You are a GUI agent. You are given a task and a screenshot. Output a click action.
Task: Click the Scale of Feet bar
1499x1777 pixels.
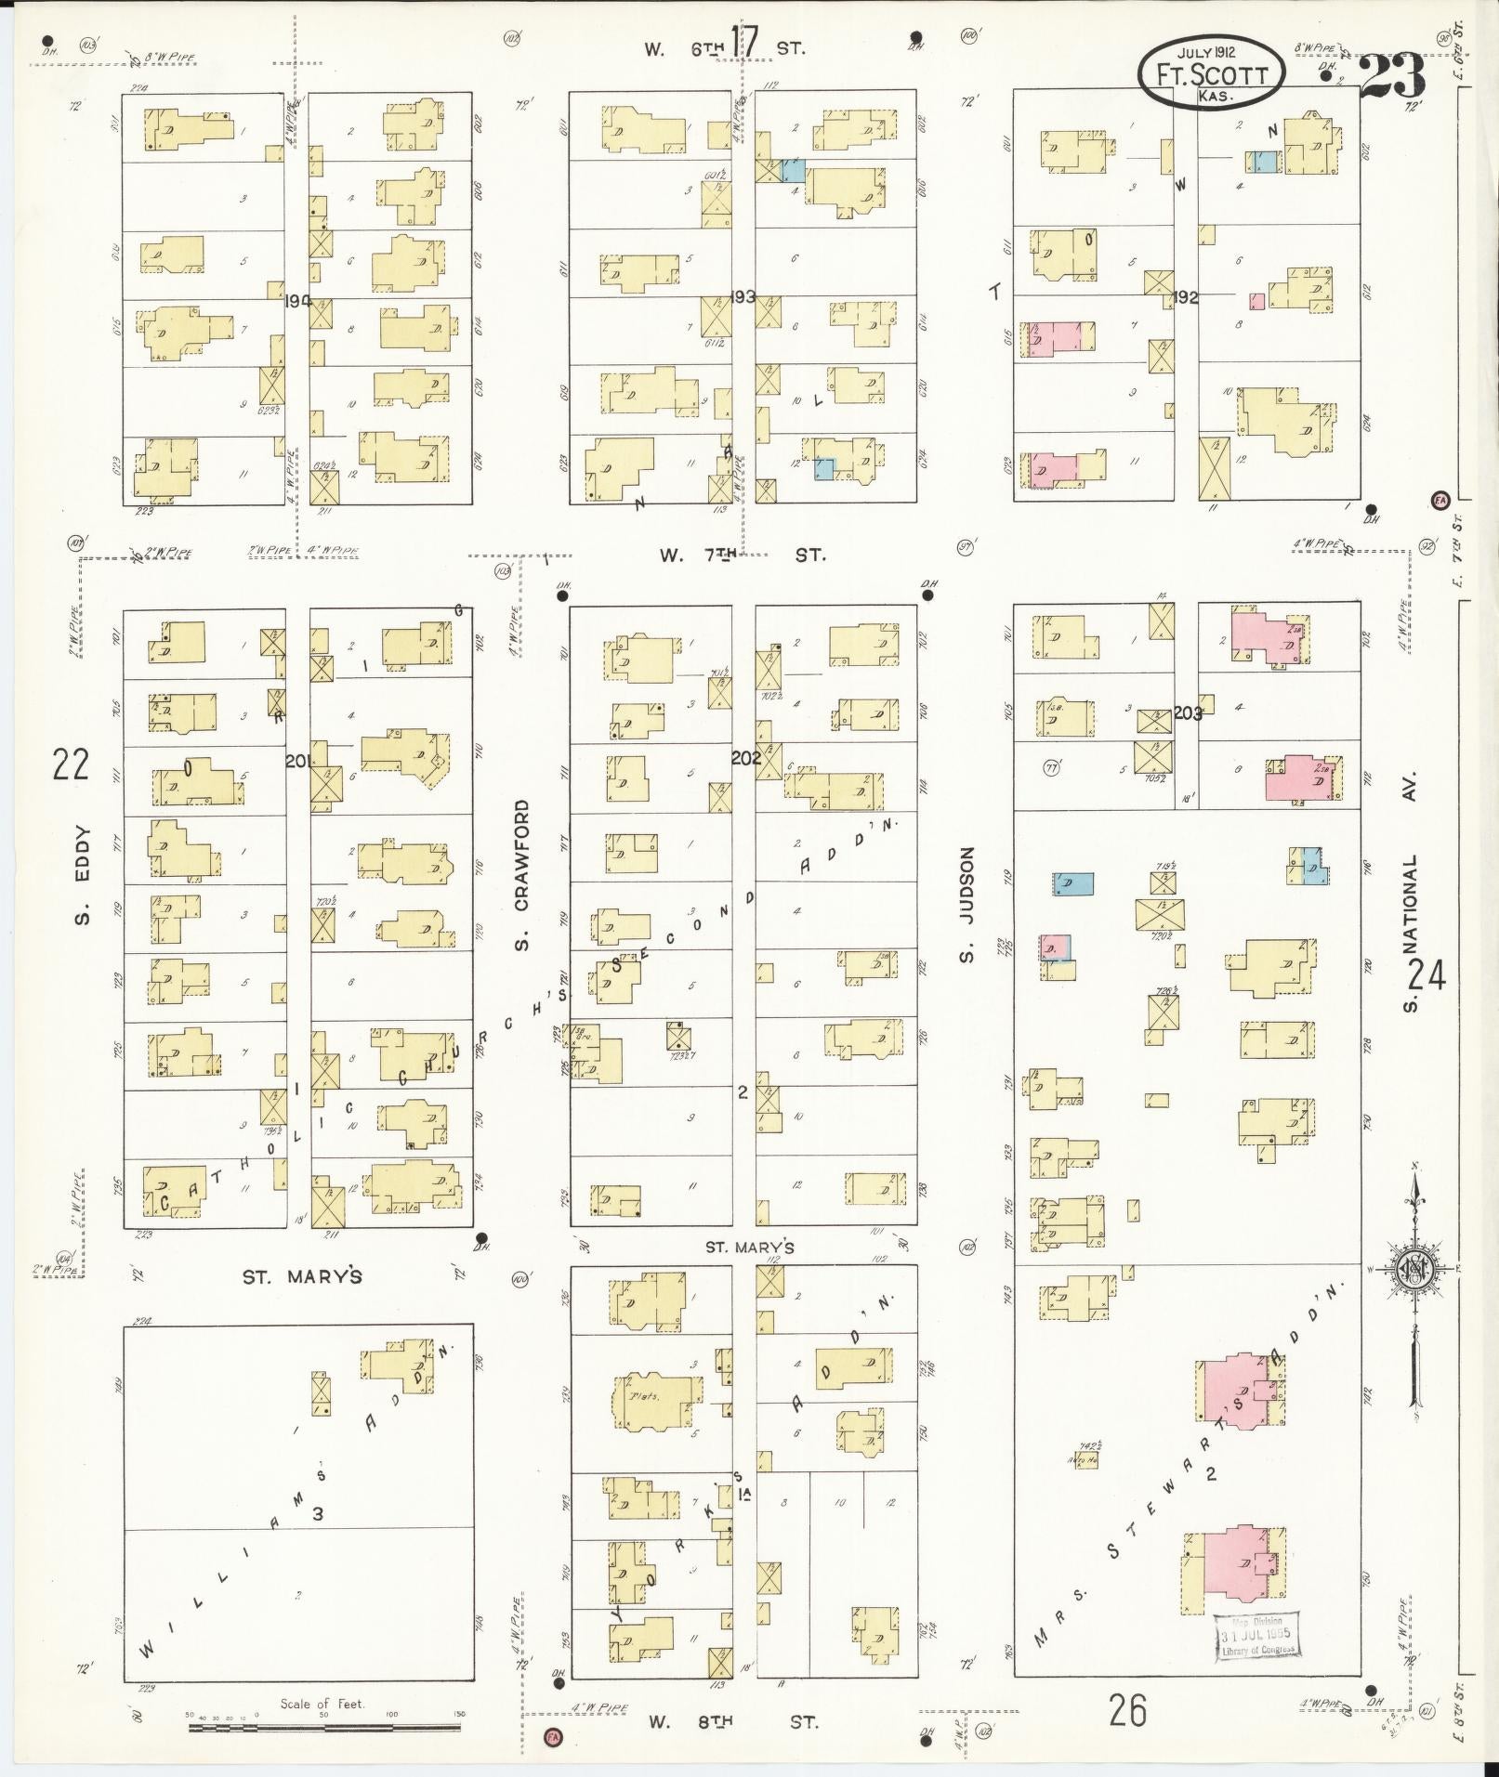pos(324,1728)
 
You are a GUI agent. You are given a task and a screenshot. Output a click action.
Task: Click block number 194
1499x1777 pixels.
pos(298,301)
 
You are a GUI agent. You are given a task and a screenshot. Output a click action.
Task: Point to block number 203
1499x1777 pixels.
pos(1187,713)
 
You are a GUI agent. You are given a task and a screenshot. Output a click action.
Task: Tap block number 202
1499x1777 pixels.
pos(745,757)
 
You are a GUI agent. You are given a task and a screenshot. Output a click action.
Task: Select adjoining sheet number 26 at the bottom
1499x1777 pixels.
pos(1127,1708)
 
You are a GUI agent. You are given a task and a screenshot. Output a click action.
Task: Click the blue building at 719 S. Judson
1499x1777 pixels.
pos(1073,884)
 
